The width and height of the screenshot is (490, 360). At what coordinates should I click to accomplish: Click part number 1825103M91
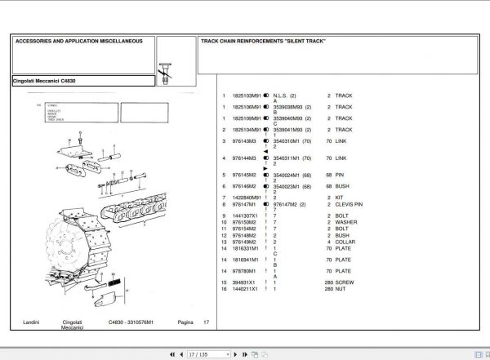point(247,96)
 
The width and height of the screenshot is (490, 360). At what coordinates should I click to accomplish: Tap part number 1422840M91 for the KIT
point(247,197)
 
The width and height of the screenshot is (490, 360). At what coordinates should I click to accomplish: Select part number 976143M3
point(244,140)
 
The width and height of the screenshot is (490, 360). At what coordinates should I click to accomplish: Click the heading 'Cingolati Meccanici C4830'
point(46,81)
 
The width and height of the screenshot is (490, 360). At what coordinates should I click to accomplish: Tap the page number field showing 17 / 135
point(198,355)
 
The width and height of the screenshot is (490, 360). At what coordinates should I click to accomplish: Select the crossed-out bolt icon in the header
point(167,71)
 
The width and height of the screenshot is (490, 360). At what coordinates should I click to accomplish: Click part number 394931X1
point(244,282)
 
